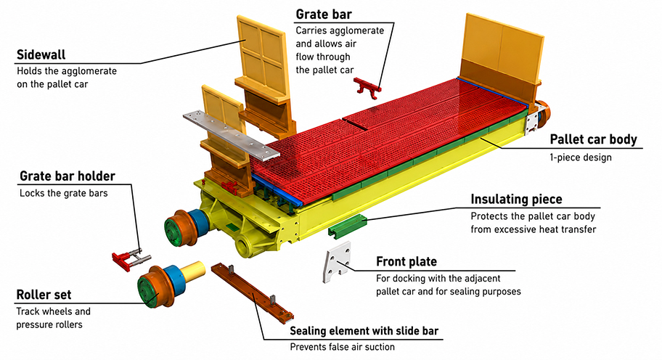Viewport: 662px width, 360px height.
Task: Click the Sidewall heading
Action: pos(41,54)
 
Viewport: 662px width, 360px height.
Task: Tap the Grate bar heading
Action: pos(324,15)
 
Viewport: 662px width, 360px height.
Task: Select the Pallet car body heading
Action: pos(593,139)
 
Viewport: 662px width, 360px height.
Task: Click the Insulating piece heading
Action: pos(516,199)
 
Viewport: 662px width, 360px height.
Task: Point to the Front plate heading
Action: pos(406,262)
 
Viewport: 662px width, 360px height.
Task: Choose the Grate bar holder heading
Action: pos(67,176)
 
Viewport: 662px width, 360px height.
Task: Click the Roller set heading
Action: pos(44,295)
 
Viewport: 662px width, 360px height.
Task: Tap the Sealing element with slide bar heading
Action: pos(364,331)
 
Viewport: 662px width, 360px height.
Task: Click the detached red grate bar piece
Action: pos(367,87)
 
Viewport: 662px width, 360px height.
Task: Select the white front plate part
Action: pos(337,262)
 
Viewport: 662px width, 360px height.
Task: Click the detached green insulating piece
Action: pos(348,225)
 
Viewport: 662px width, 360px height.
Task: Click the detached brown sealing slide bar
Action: pos(252,292)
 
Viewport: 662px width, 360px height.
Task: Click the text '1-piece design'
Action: pos(581,157)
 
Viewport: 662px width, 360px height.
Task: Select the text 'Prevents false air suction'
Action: pos(343,347)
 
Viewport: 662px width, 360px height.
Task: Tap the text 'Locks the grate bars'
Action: pos(64,193)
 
